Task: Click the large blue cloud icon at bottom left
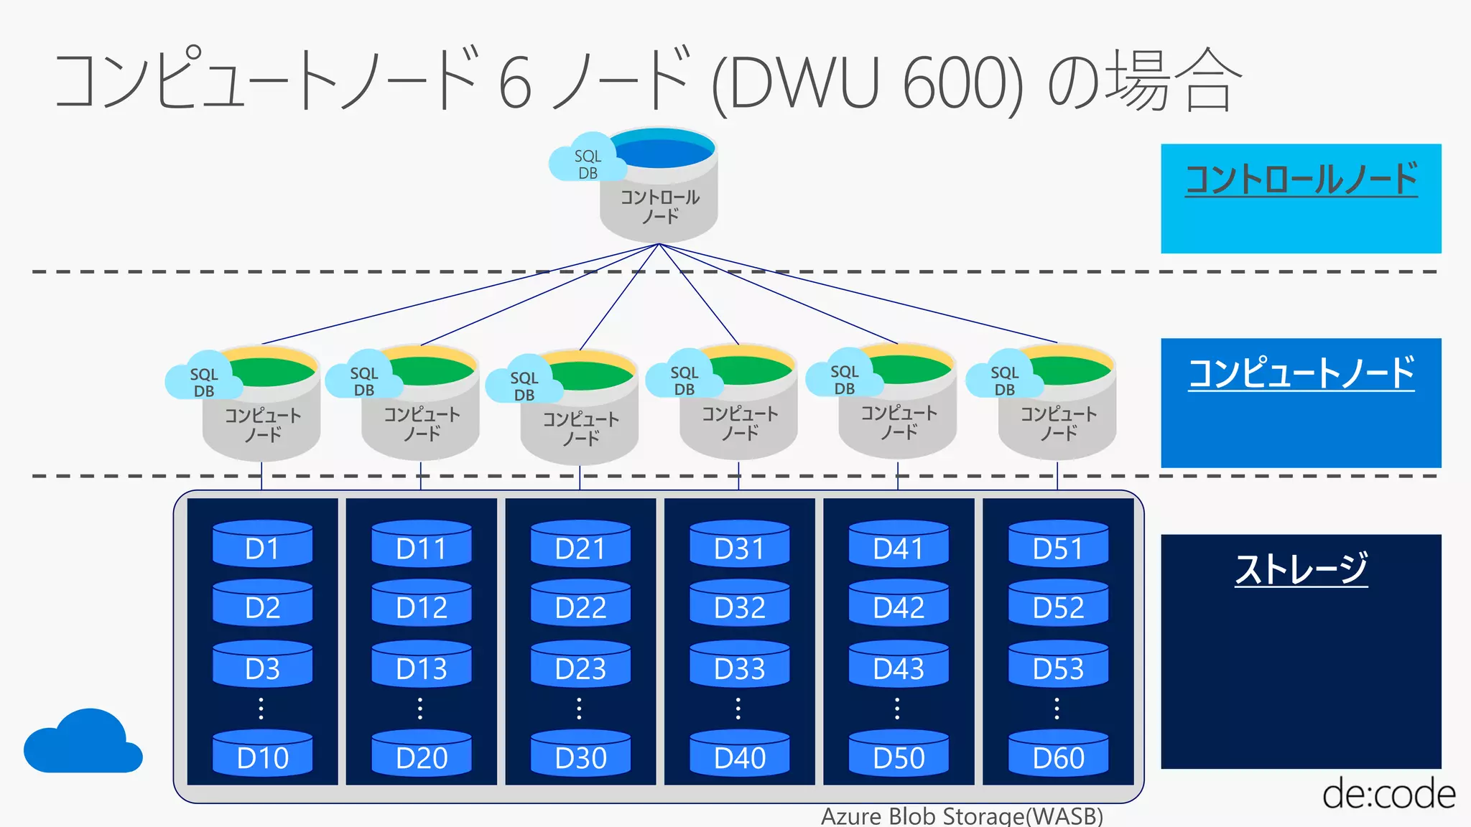[x=83, y=743]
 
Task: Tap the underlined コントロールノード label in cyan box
[x=1301, y=179]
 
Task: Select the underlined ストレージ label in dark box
[x=1301, y=569]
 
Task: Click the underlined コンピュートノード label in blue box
[x=1301, y=373]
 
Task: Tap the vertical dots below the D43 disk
[x=897, y=708]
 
